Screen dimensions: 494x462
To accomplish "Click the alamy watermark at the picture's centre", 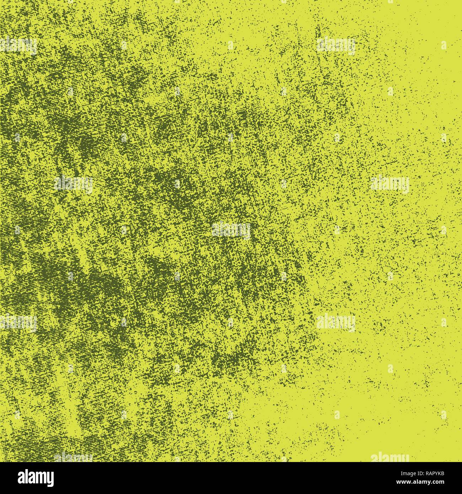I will point(231,230).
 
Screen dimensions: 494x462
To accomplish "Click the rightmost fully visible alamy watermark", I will point(390,184).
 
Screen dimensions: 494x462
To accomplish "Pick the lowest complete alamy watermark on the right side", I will point(335,323).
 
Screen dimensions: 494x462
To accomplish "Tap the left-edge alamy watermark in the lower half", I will point(18,323).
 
